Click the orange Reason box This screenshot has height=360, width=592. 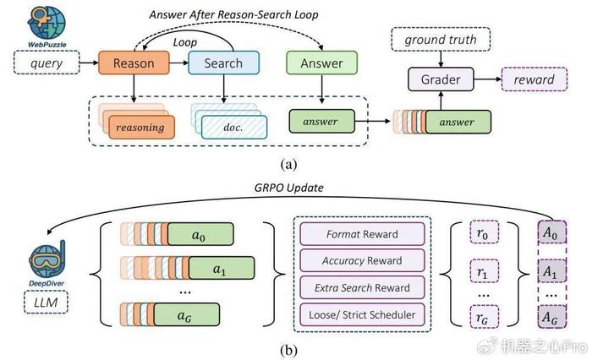[x=134, y=63]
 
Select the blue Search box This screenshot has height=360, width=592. [x=223, y=63]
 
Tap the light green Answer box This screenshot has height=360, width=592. [x=321, y=63]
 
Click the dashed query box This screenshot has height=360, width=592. [x=47, y=63]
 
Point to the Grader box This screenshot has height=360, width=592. [x=441, y=79]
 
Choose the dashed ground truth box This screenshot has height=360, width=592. [x=441, y=39]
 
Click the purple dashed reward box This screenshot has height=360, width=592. [x=534, y=79]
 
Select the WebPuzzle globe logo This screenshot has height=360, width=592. [x=47, y=24]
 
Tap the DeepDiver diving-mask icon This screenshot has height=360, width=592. [x=47, y=259]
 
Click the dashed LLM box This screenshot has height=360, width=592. [x=46, y=302]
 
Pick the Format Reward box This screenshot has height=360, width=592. [x=362, y=234]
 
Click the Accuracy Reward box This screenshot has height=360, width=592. [x=362, y=261]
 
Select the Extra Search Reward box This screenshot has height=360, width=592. [x=362, y=287]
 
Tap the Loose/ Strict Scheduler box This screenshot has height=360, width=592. [x=362, y=314]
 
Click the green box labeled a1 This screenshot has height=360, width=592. [x=222, y=268]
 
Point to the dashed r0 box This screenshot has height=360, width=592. [x=485, y=233]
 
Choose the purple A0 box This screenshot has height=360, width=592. [x=551, y=232]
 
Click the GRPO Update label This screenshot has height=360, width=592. [x=289, y=188]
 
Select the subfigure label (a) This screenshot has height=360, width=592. [x=289, y=165]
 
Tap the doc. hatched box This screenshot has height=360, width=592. [x=234, y=127]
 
